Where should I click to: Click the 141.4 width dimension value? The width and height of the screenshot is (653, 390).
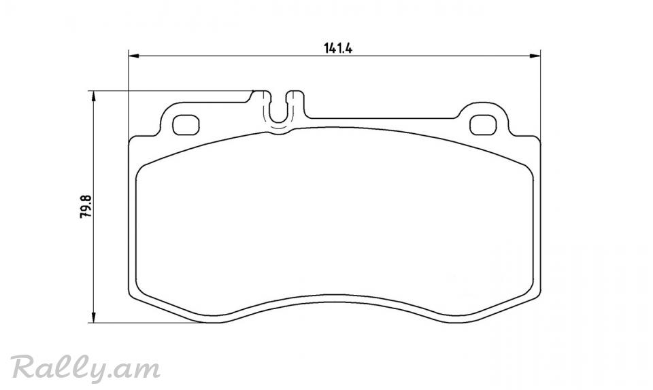pos(338,49)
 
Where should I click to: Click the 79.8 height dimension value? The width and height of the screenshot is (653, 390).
pos(86,207)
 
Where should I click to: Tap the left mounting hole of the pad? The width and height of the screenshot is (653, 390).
pos(186,125)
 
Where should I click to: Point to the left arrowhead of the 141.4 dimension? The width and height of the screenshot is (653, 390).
pos(133,56)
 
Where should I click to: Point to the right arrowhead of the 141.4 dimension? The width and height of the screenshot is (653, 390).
pos(535,56)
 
